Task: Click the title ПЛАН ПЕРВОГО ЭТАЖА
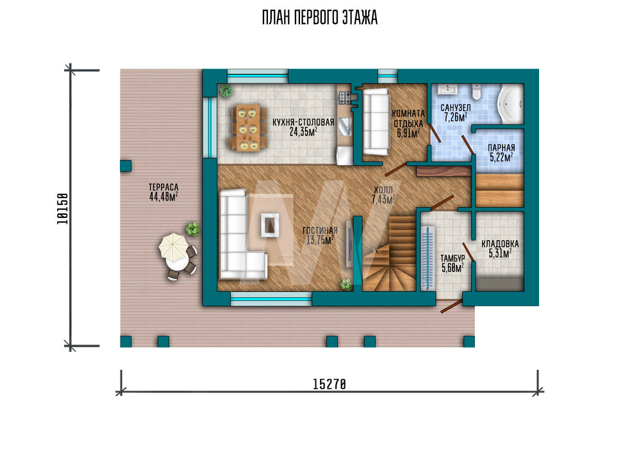pos(320,18)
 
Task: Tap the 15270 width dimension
pos(329,384)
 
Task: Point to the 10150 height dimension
pos(63,208)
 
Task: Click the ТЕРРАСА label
pos(163,188)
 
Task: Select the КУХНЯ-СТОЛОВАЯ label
pos(303,123)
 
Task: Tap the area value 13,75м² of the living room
pos(320,240)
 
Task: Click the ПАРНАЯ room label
pos(501,148)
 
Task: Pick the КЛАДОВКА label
pos(500,244)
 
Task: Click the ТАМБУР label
pos(453,258)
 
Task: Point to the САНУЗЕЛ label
pos(455,108)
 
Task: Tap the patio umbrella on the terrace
pos(173,246)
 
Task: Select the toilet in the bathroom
pos(476,92)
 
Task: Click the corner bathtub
pos(510,103)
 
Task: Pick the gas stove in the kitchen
pos(344,97)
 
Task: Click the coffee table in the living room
pos(270,225)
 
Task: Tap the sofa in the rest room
pos(376,122)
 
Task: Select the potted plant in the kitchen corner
pos(225,91)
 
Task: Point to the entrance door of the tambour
pos(452,306)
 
